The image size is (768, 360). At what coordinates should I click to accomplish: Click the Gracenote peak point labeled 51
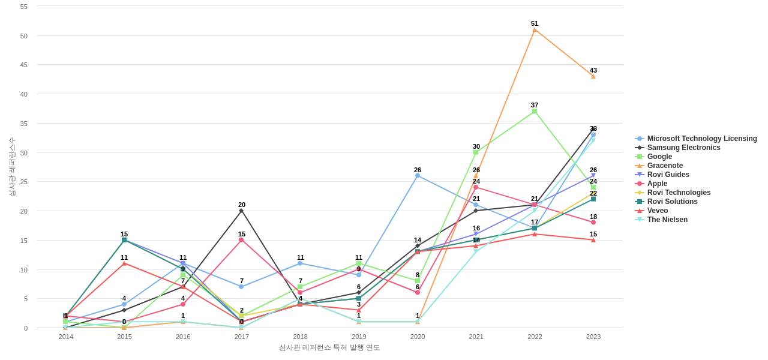[535, 29]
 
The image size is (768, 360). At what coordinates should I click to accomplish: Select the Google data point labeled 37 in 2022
[535, 111]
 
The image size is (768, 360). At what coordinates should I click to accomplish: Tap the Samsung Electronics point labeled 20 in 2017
[241, 211]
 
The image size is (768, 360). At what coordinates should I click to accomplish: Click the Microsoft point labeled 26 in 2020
[418, 176]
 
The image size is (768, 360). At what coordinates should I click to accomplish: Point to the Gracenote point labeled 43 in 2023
[593, 76]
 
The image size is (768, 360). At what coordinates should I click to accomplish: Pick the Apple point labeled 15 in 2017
[241, 240]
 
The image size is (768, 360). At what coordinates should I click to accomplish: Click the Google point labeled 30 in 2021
[476, 152]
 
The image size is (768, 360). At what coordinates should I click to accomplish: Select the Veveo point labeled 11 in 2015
[124, 263]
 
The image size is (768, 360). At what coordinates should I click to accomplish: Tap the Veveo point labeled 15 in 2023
[593, 240]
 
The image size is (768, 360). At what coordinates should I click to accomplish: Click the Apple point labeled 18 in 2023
[593, 223]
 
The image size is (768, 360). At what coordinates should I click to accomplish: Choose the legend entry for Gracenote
[665, 166]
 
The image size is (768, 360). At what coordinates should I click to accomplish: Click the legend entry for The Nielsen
[667, 220]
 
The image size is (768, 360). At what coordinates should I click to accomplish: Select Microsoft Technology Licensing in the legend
[701, 139]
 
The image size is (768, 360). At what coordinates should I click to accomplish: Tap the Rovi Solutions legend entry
[672, 202]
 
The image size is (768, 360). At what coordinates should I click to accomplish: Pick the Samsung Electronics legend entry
[683, 148]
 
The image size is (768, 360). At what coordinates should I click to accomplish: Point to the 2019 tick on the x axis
[359, 337]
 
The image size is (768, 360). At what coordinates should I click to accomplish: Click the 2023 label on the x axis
[593, 337]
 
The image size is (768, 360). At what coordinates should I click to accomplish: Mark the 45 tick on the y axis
[24, 65]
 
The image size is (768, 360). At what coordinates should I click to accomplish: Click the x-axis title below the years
[329, 347]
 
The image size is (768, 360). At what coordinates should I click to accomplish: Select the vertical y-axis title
[11, 167]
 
